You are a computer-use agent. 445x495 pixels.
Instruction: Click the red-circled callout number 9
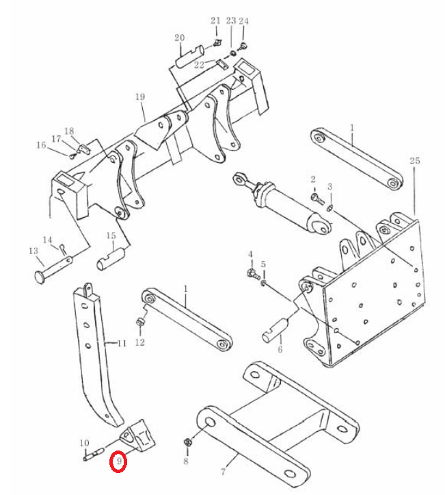(x=119, y=461)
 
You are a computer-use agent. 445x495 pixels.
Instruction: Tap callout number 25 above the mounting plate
(x=415, y=160)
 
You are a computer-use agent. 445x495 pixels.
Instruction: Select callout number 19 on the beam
(x=140, y=97)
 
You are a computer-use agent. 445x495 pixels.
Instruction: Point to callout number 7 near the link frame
(x=223, y=472)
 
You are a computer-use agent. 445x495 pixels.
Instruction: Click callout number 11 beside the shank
(x=122, y=343)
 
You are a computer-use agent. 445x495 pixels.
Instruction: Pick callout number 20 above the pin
(x=179, y=38)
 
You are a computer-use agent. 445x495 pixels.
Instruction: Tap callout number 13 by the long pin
(x=33, y=251)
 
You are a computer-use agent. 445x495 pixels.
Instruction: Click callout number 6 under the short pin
(x=280, y=349)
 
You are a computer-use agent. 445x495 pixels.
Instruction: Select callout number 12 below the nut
(x=139, y=342)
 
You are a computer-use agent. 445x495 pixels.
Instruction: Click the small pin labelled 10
(x=94, y=453)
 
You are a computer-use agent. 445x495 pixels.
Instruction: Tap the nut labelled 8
(x=187, y=442)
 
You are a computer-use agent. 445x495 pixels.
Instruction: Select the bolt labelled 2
(x=317, y=199)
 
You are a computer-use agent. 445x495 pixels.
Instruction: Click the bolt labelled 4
(x=254, y=274)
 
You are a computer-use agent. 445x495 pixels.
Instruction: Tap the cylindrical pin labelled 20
(x=190, y=56)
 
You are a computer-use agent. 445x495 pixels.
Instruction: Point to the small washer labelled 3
(x=330, y=207)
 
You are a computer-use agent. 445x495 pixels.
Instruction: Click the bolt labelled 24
(x=243, y=45)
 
